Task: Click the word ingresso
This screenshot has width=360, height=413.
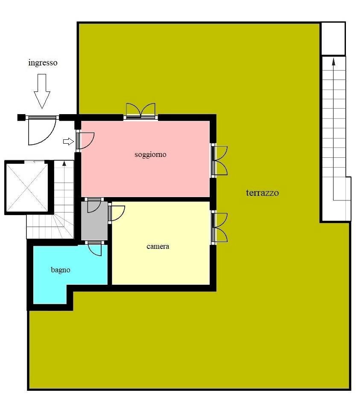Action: [x=43, y=63]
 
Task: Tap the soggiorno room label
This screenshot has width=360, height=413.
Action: [x=150, y=154]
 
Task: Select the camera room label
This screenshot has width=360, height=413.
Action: [x=158, y=246]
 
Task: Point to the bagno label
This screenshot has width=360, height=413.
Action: [x=60, y=270]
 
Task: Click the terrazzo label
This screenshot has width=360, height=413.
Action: [x=262, y=193]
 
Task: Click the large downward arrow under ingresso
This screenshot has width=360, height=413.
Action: [x=42, y=91]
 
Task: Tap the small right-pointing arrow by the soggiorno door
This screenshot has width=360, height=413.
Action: [x=68, y=142]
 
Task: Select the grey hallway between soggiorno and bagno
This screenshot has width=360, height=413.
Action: [x=94, y=221]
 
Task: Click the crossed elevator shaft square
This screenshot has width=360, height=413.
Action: [x=27, y=188]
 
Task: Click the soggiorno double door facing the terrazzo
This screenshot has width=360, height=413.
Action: [x=219, y=161]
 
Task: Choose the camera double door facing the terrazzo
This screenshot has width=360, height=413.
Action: [x=219, y=227]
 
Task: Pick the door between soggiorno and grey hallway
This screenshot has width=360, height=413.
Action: [x=94, y=205]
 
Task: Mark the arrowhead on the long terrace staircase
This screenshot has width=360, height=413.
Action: [x=334, y=62]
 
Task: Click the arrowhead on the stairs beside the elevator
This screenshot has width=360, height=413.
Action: [x=64, y=163]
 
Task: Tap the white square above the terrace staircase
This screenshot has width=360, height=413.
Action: [x=334, y=39]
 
